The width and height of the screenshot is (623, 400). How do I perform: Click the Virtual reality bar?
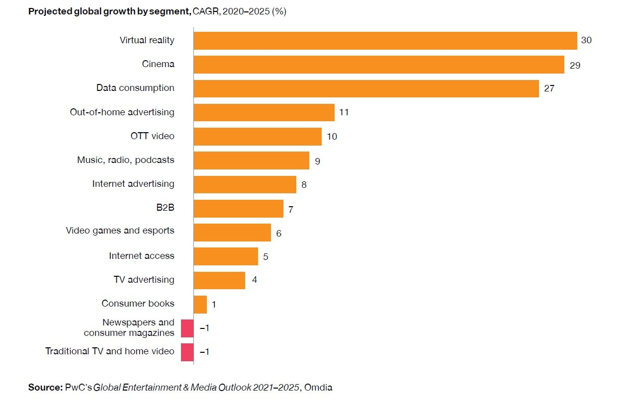click(385, 41)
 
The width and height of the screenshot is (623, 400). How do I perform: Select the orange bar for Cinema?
click(378, 65)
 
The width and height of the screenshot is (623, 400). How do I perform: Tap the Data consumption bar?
click(366, 88)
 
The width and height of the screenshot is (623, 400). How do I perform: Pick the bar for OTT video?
click(258, 137)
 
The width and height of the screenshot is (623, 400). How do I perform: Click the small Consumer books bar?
click(200, 304)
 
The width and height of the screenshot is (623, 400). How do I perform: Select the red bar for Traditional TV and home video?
click(187, 352)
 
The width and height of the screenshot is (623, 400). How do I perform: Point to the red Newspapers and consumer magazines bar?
click(187, 328)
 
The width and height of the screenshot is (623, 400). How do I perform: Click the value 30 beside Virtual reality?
click(586, 40)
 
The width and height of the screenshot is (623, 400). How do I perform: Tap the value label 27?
click(548, 88)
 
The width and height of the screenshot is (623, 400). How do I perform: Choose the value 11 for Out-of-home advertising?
click(344, 112)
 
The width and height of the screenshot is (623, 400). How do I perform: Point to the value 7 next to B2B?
click(291, 210)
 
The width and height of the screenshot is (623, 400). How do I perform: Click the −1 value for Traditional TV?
click(204, 352)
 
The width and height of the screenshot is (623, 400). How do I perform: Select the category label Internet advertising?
click(133, 184)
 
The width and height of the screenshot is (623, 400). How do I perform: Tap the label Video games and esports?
click(120, 231)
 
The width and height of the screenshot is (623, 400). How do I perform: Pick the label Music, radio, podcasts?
click(126, 160)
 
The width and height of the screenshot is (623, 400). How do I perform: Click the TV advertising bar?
click(219, 280)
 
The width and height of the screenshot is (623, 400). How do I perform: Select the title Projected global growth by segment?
click(109, 11)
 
